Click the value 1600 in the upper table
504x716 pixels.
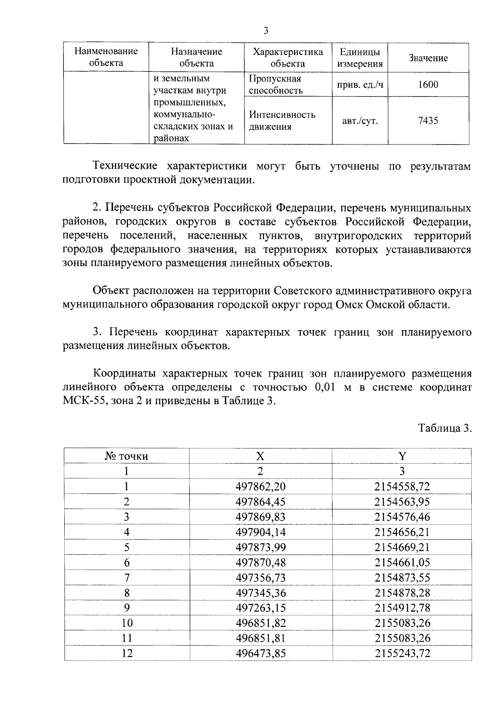[428, 84]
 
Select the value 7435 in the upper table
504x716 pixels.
[428, 121]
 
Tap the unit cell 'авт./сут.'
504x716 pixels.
[360, 121]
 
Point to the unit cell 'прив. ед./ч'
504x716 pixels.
[360, 84]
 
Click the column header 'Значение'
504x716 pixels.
[428, 58]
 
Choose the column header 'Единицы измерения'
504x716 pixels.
[360, 58]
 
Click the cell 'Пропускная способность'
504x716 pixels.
[276, 84]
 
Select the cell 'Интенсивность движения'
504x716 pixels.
[282, 121]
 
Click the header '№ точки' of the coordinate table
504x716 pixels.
[126, 456]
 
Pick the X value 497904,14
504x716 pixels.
[260, 532]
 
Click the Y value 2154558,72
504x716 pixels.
[402, 487]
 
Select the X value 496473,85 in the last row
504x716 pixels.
[260, 653]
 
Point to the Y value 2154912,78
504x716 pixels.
[402, 608]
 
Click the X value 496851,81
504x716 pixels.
[260, 638]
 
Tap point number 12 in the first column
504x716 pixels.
[126, 653]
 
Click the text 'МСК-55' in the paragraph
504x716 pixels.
[83, 400]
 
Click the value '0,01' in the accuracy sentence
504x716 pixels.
[324, 387]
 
